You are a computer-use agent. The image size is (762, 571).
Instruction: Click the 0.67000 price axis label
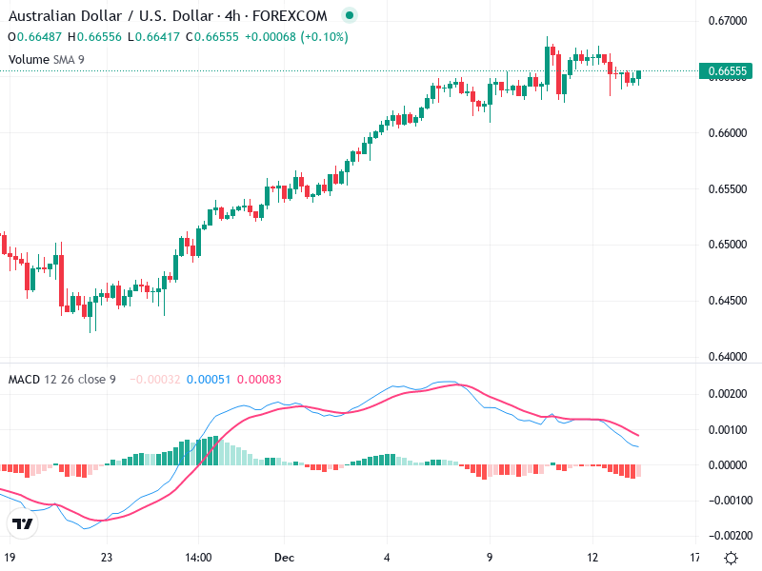coord(729,21)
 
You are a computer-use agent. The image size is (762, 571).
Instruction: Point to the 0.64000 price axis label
coord(729,357)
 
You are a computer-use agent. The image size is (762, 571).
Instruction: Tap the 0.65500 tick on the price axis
coord(729,189)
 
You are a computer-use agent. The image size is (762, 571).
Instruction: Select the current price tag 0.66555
coord(728,71)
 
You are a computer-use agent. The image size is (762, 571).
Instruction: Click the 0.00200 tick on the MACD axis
coord(729,393)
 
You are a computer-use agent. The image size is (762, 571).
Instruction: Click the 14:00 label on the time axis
coord(197,558)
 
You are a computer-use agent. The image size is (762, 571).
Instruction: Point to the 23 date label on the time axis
coord(107,558)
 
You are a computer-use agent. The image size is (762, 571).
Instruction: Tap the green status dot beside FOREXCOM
coord(350,16)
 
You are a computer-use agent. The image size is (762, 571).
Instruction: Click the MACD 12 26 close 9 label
coord(62,380)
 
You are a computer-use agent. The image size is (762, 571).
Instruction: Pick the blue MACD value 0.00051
coord(205,380)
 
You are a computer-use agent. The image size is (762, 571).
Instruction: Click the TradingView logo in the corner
coord(23,523)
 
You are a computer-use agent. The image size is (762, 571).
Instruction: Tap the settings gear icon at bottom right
coord(731,558)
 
